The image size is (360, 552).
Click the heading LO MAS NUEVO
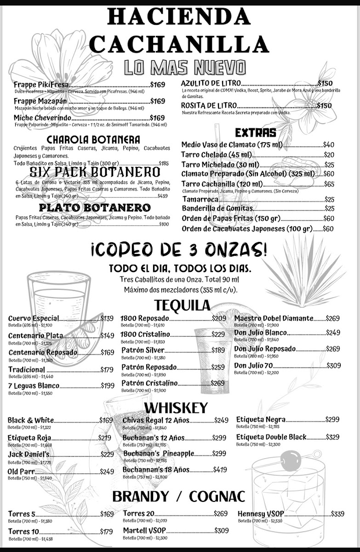(185, 68)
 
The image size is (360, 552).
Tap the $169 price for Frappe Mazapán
(158, 101)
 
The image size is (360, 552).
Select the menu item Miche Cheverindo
(39, 118)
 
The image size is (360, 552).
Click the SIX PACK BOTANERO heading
(95, 172)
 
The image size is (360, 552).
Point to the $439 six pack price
(163, 195)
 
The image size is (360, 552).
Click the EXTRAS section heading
(255, 133)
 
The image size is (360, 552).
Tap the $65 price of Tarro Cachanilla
(329, 184)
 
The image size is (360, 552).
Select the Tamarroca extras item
(200, 199)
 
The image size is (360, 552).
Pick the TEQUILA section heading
(182, 305)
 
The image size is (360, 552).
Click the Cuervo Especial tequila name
(34, 318)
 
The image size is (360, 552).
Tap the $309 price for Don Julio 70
(334, 366)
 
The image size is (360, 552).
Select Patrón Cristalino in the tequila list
(149, 383)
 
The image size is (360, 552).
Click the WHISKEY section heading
(176, 408)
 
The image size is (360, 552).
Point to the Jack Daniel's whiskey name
(29, 454)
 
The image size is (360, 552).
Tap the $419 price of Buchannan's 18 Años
(220, 470)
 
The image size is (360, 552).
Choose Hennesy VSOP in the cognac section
(258, 514)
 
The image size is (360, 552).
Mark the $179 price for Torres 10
(106, 532)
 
